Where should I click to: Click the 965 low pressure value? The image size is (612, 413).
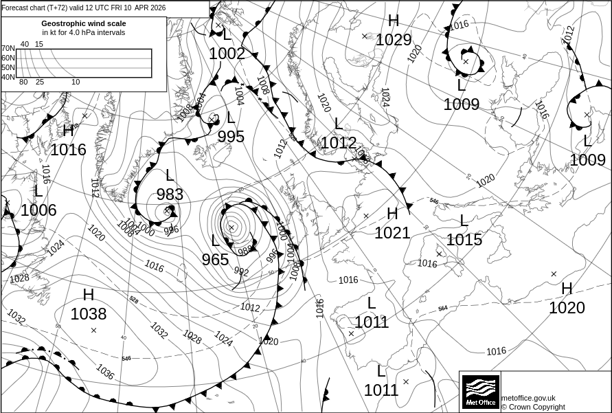(x=215, y=260)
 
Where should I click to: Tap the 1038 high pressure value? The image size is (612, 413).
(x=89, y=314)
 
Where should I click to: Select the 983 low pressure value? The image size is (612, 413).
(x=170, y=194)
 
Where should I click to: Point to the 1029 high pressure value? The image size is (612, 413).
(x=394, y=40)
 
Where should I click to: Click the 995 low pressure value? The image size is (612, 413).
(x=231, y=137)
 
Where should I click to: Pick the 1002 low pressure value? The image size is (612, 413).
(x=227, y=54)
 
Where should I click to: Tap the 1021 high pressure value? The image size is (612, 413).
(x=392, y=233)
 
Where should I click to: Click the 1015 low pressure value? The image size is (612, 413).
(x=464, y=240)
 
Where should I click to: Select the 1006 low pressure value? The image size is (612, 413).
(x=38, y=210)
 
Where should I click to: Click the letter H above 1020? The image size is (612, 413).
(x=567, y=289)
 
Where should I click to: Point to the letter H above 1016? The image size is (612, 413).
(x=68, y=131)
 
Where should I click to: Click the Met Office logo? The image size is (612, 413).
(x=479, y=391)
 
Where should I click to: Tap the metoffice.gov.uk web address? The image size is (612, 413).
(x=528, y=398)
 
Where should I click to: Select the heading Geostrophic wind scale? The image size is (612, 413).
(x=83, y=23)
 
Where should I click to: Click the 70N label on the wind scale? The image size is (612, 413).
(x=8, y=49)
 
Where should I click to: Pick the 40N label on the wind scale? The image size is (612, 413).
(x=8, y=77)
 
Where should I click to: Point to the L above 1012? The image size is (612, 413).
(x=338, y=124)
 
